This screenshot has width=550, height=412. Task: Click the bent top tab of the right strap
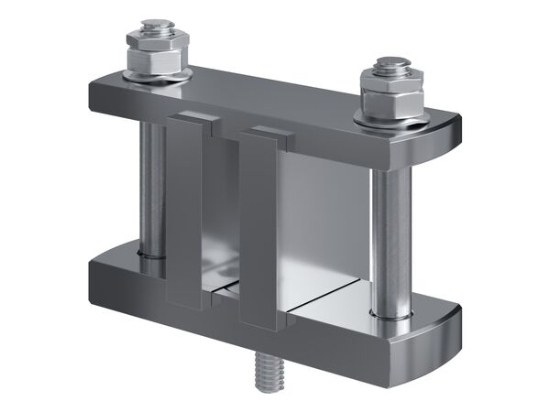[x=266, y=133]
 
